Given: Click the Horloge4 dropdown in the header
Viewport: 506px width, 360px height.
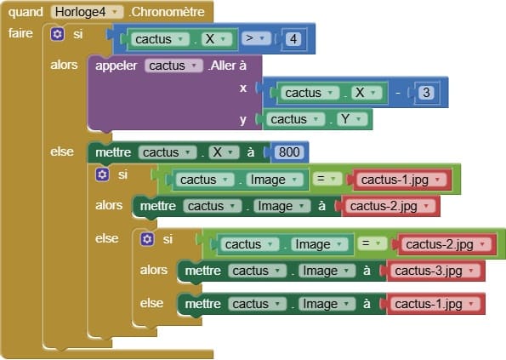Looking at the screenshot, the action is [x=87, y=12].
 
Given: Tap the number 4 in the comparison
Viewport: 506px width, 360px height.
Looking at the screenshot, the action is [x=293, y=39].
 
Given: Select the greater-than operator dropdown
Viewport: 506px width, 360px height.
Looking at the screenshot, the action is [x=256, y=38].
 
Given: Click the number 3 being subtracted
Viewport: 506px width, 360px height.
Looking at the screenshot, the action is [x=426, y=93].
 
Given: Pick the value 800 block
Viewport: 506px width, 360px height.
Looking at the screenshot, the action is [x=289, y=151].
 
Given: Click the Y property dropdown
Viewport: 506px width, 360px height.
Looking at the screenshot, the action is [x=352, y=119].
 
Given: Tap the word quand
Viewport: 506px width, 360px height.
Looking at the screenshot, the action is [x=26, y=12].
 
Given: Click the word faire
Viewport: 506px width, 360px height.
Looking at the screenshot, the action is [x=20, y=33].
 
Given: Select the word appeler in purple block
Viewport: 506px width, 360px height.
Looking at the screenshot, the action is [x=117, y=66].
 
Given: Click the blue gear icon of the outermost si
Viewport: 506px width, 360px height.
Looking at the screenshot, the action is [x=58, y=34].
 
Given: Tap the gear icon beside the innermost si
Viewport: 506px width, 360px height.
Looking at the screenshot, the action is [x=147, y=239].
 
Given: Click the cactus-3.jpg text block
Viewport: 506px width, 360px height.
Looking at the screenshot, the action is [x=432, y=271].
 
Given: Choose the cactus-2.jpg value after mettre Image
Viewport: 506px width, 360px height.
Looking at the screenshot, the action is [x=388, y=206].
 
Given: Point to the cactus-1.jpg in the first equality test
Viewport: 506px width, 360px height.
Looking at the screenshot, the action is [x=399, y=180].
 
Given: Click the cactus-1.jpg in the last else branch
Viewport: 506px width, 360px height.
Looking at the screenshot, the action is [x=432, y=304].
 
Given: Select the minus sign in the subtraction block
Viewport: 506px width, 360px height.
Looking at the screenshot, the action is [x=398, y=93].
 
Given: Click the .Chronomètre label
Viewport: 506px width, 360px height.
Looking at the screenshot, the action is [x=167, y=12].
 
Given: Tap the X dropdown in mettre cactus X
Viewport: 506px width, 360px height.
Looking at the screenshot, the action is [x=224, y=152].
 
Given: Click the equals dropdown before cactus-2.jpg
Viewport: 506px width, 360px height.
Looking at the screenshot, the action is [x=372, y=243].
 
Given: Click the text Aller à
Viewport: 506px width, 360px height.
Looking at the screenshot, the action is [x=228, y=66].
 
